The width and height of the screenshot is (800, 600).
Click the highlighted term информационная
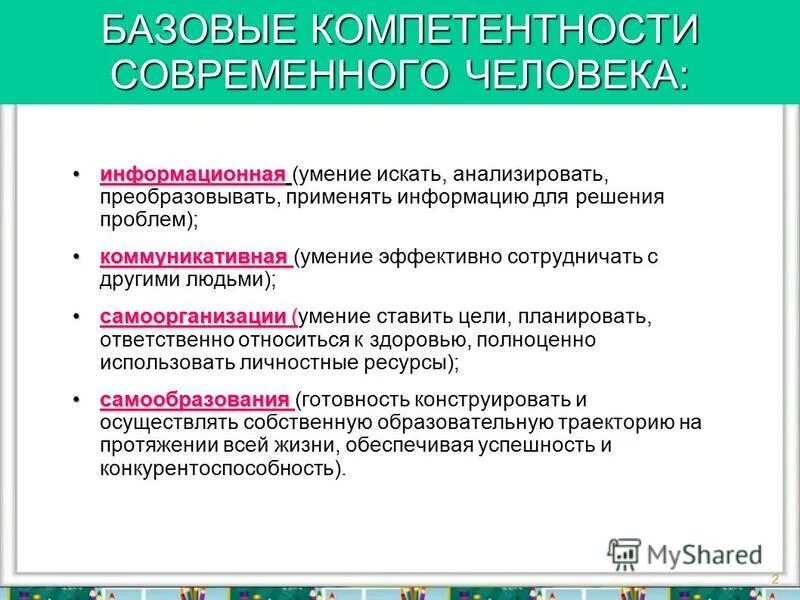point(193,175)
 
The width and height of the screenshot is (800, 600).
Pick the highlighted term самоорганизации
point(195,317)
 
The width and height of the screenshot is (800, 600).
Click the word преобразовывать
point(189,198)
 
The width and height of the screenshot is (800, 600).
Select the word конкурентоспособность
point(218,468)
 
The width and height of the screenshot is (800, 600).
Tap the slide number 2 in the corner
point(774,579)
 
